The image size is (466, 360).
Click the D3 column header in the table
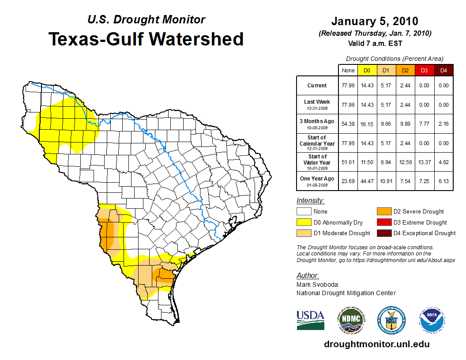click(424, 70)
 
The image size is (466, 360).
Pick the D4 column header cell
click(444, 70)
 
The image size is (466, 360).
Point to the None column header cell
click(348, 70)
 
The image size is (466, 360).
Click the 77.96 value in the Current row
click(348, 86)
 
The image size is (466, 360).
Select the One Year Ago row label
click(317, 180)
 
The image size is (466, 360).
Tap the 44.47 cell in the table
click(367, 180)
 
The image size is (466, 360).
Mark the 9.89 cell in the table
click(405, 124)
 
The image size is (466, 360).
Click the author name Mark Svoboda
click(317, 285)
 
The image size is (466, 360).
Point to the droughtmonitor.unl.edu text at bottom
click(376, 344)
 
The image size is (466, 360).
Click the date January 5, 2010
click(375, 21)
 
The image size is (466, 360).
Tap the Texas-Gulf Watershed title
click(146, 39)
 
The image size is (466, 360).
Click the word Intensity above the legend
click(310, 201)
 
